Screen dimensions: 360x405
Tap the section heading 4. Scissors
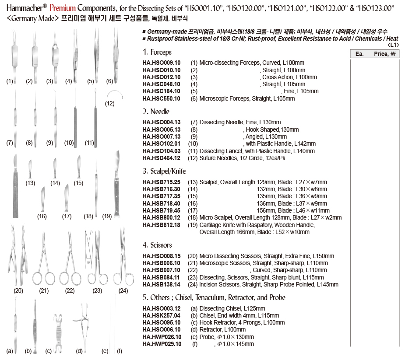tap(157, 245)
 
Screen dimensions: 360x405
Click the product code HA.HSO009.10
tap(161, 63)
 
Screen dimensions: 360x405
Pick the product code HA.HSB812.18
tap(161, 225)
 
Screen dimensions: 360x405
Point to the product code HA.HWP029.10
tap(162, 344)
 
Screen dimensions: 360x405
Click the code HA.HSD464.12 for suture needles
tap(161, 158)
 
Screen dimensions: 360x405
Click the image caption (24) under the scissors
tap(123, 290)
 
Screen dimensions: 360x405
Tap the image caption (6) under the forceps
tap(109, 81)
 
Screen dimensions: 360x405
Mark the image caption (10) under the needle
tap(69, 143)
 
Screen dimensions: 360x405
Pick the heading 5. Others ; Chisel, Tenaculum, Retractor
tap(214, 297)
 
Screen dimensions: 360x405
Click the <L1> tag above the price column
tap(393, 45)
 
